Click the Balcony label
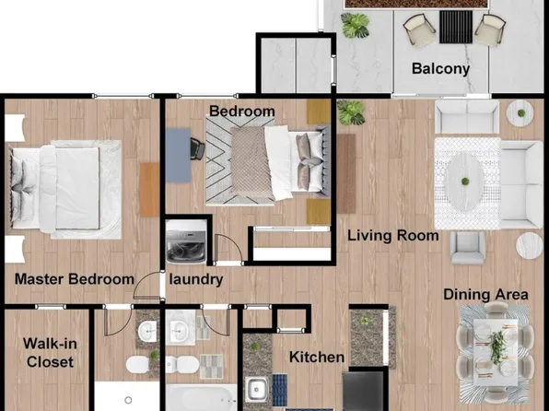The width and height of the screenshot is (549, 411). click(440, 68)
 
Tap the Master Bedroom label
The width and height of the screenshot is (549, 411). click(75, 279)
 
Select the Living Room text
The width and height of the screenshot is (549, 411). click(392, 235)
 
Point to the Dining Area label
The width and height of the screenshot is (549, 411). click(485, 294)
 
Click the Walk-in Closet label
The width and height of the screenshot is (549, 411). click(48, 353)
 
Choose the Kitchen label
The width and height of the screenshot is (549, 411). click(317, 357)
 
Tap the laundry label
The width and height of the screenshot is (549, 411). click(195, 279)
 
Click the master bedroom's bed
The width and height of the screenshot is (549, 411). click(64, 183)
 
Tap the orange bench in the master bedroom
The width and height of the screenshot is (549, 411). click(150, 189)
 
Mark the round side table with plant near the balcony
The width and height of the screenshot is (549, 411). click(520, 112)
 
